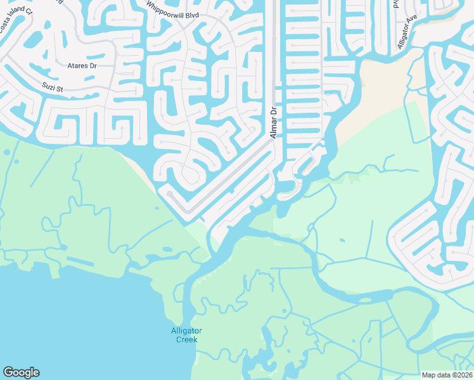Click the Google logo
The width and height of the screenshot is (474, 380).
[x=21, y=372]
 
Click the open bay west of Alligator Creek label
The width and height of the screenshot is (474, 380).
[x=76, y=317]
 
